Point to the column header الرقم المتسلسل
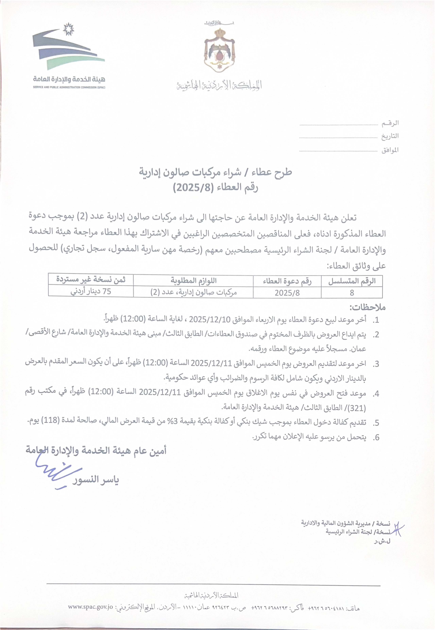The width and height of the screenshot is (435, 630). pos(352,281)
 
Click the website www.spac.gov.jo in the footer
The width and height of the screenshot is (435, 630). pos(90,607)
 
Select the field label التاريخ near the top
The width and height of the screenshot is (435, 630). pos(390,136)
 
